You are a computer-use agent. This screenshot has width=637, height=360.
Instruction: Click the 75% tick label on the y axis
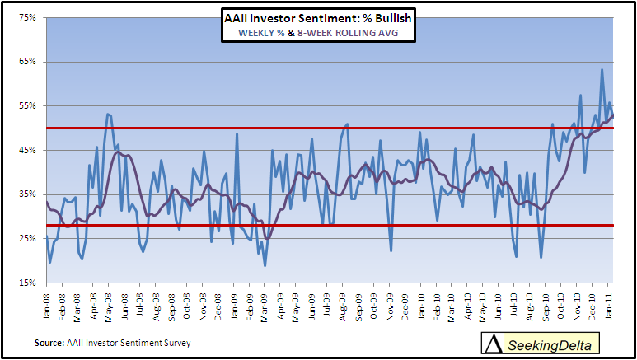28,17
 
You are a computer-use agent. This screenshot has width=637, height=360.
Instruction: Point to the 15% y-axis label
28,283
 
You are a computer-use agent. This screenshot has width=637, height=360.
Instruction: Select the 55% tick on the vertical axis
28,106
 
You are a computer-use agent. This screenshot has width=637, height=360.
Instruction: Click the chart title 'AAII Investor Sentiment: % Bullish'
318,18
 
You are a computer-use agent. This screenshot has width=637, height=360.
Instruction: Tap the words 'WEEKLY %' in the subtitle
261,33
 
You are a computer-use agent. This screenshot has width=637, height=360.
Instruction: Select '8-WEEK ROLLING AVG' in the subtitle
348,33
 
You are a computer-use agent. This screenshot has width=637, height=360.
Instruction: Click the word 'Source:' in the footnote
49,343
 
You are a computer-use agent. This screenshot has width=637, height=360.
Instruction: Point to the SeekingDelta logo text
550,345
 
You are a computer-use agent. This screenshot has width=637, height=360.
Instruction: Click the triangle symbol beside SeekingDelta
494,344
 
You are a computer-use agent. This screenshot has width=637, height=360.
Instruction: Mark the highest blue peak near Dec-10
602,69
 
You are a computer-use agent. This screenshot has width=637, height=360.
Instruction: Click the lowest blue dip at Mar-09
265,266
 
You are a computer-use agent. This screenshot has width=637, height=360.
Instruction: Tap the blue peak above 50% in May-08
108,114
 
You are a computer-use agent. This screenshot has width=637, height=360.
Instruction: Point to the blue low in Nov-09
391,250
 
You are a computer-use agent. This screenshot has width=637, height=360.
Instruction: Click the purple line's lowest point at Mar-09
266,239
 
